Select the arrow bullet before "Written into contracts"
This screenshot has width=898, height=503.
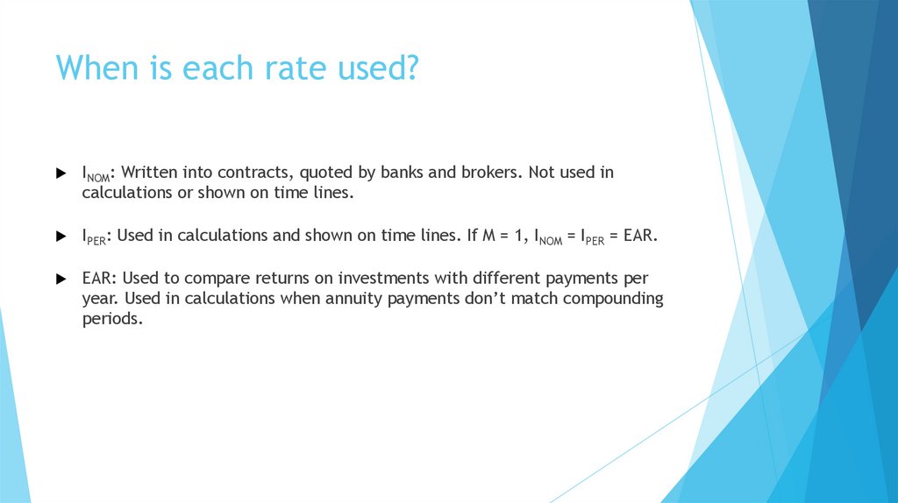pyautogui.click(x=61, y=174)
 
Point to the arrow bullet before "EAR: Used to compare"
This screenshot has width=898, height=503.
pyautogui.click(x=61, y=279)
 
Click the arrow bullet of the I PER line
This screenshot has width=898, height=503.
pyautogui.click(x=61, y=237)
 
